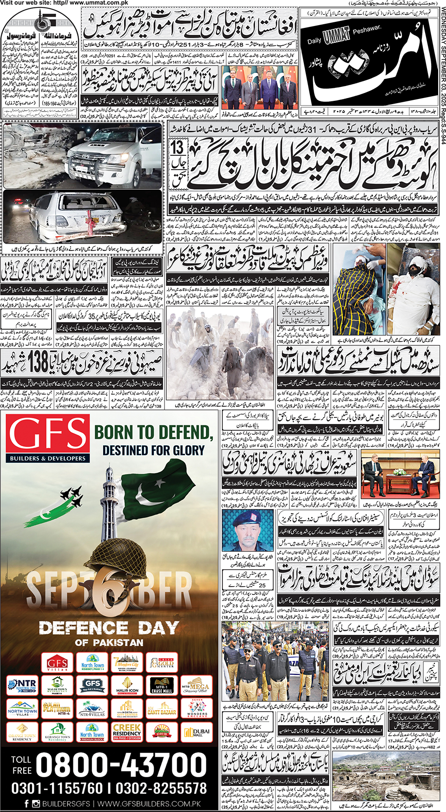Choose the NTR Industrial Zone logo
pyautogui.click(x=22, y=686)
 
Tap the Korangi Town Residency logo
pyautogui.click(x=57, y=732)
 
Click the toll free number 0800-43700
pyautogui.click(x=121, y=765)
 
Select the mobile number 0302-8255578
pyautogui.click(x=162, y=788)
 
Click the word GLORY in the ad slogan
pyautogui.click(x=187, y=450)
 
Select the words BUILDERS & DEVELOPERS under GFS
pyautogui.click(x=48, y=458)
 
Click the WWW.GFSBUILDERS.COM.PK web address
pyautogui.click(x=149, y=803)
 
